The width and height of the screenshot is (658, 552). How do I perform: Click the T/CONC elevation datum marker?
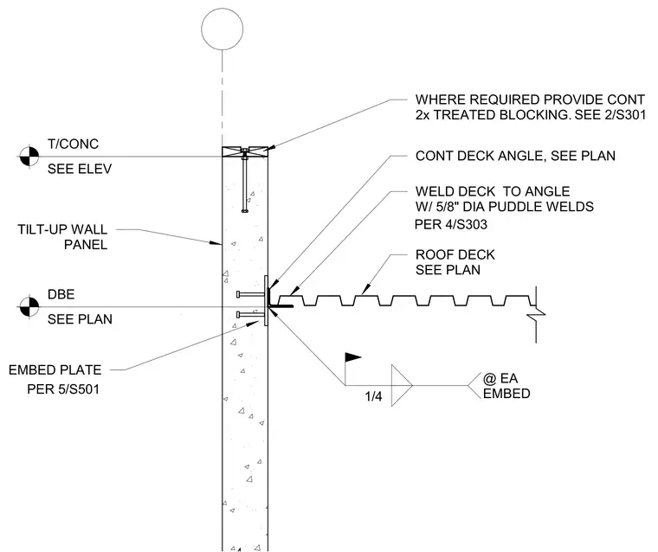[x=29, y=157]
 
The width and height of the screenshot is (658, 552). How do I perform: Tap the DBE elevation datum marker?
[x=29, y=306]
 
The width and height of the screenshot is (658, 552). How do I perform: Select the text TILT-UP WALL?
[x=62, y=229]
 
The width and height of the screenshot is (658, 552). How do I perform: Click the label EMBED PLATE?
[x=55, y=370]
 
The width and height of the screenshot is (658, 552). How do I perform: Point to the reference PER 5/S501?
[x=63, y=389]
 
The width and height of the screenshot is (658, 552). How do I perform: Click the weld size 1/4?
[x=373, y=396]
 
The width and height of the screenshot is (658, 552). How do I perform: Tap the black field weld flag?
[x=353, y=357]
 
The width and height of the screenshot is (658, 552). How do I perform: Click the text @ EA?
[x=500, y=379]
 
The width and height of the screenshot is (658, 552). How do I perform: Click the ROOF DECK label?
[x=455, y=254]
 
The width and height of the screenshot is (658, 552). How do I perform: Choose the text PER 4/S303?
[x=451, y=224]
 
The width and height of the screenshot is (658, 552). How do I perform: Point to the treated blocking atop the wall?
[x=245, y=151]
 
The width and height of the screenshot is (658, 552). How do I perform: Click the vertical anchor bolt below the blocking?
[x=245, y=183]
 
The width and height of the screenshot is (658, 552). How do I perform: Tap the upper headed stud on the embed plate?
[x=250, y=294]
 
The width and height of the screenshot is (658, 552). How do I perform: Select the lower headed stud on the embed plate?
[x=250, y=314]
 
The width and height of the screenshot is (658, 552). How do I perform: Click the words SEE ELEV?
[x=80, y=169]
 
